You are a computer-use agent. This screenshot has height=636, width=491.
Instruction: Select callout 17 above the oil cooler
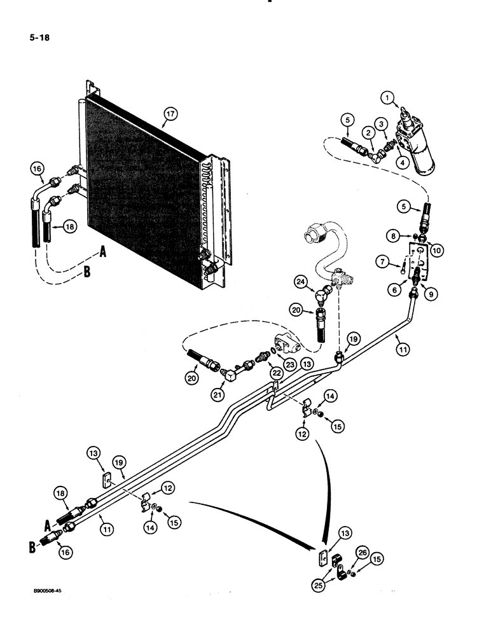pos(170,114)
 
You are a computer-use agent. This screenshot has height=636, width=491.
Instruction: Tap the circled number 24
pos(301,280)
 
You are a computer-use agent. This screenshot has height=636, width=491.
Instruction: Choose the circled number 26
pos(362,551)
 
